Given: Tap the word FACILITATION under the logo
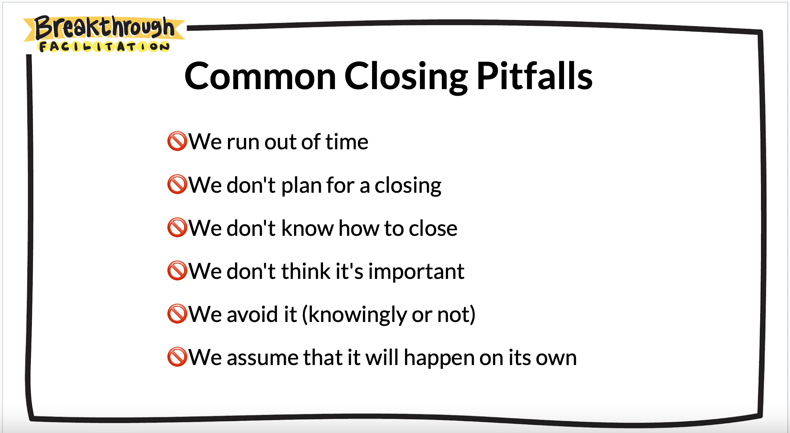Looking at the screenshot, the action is click(x=104, y=47).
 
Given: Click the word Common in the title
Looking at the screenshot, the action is click(x=260, y=76).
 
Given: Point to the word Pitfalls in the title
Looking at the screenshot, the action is click(x=535, y=76).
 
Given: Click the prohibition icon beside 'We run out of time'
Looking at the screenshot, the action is click(x=177, y=141).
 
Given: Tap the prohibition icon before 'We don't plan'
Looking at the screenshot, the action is click(x=177, y=184).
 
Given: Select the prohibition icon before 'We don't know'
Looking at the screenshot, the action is click(x=177, y=227).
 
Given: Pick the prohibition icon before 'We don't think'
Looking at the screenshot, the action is click(x=177, y=270).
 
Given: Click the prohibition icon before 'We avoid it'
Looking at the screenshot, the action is click(x=177, y=314).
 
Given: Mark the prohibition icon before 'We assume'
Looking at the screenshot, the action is click(x=177, y=357).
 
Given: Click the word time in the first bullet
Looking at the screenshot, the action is click(x=347, y=142).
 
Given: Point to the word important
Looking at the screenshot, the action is click(x=416, y=272).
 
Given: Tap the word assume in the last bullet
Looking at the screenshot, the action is click(x=262, y=358).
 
